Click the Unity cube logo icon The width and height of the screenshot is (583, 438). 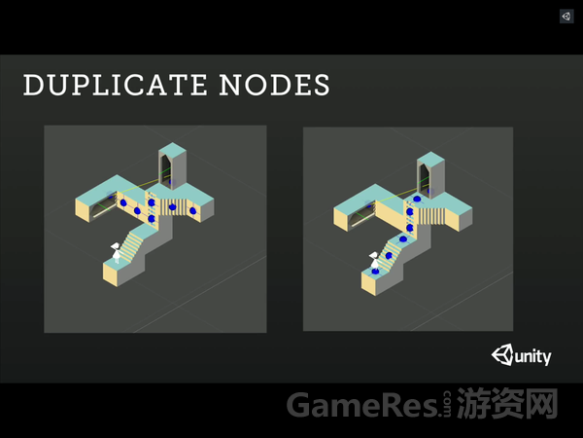pos(503,355)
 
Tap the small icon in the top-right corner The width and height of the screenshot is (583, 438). pos(566,17)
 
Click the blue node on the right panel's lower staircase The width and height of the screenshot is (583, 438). pos(391,254)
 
